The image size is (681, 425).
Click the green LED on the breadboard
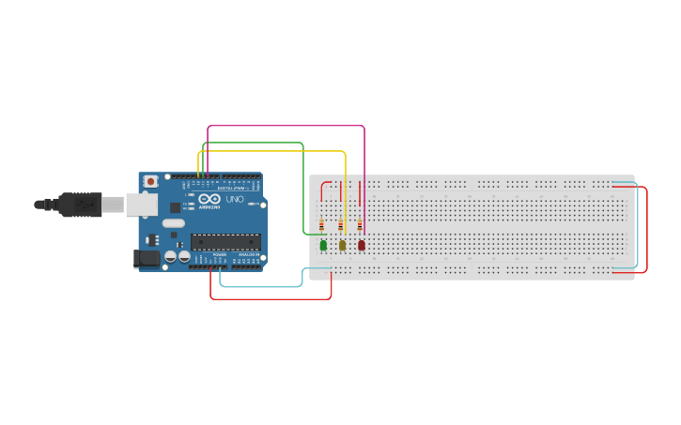[323, 245]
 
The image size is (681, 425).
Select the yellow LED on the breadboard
[342, 245]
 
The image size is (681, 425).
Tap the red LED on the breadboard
[361, 245]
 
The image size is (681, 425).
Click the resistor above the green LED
[321, 225]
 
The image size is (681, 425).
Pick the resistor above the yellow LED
[340, 225]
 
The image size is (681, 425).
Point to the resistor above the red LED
[359, 225]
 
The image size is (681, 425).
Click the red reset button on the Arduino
[150, 182]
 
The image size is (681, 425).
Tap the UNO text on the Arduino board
[235, 199]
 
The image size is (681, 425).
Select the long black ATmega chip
[224, 242]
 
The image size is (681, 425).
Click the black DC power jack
[147, 257]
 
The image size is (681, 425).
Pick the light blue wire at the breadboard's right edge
[638, 225]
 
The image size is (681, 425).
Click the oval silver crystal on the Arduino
[173, 223]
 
